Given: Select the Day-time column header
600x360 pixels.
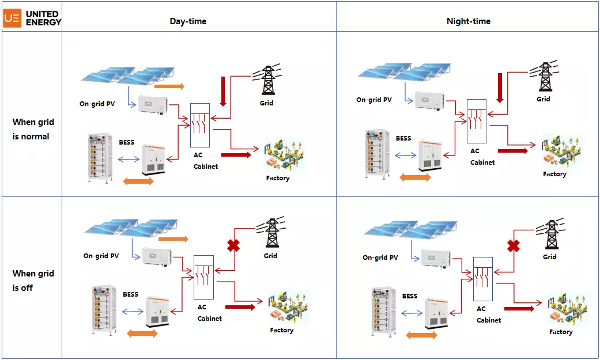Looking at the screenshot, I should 188,21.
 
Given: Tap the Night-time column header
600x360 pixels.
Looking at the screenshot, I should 468,21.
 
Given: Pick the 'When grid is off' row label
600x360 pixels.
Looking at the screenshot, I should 33,281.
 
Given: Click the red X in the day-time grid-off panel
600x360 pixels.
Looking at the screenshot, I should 233,245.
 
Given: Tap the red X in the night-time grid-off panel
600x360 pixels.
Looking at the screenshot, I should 513,246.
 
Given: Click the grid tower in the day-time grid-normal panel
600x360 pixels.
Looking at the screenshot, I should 267,80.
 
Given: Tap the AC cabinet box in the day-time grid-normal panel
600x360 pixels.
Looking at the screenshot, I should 200,126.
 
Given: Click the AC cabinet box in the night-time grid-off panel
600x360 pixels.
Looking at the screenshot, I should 482,279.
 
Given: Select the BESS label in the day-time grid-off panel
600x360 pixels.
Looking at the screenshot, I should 131,294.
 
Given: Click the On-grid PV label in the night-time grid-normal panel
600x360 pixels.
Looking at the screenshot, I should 373,100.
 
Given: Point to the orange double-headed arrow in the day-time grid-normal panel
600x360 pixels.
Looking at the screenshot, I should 139,181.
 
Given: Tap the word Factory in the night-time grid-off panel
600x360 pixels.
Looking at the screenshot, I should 561,332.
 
